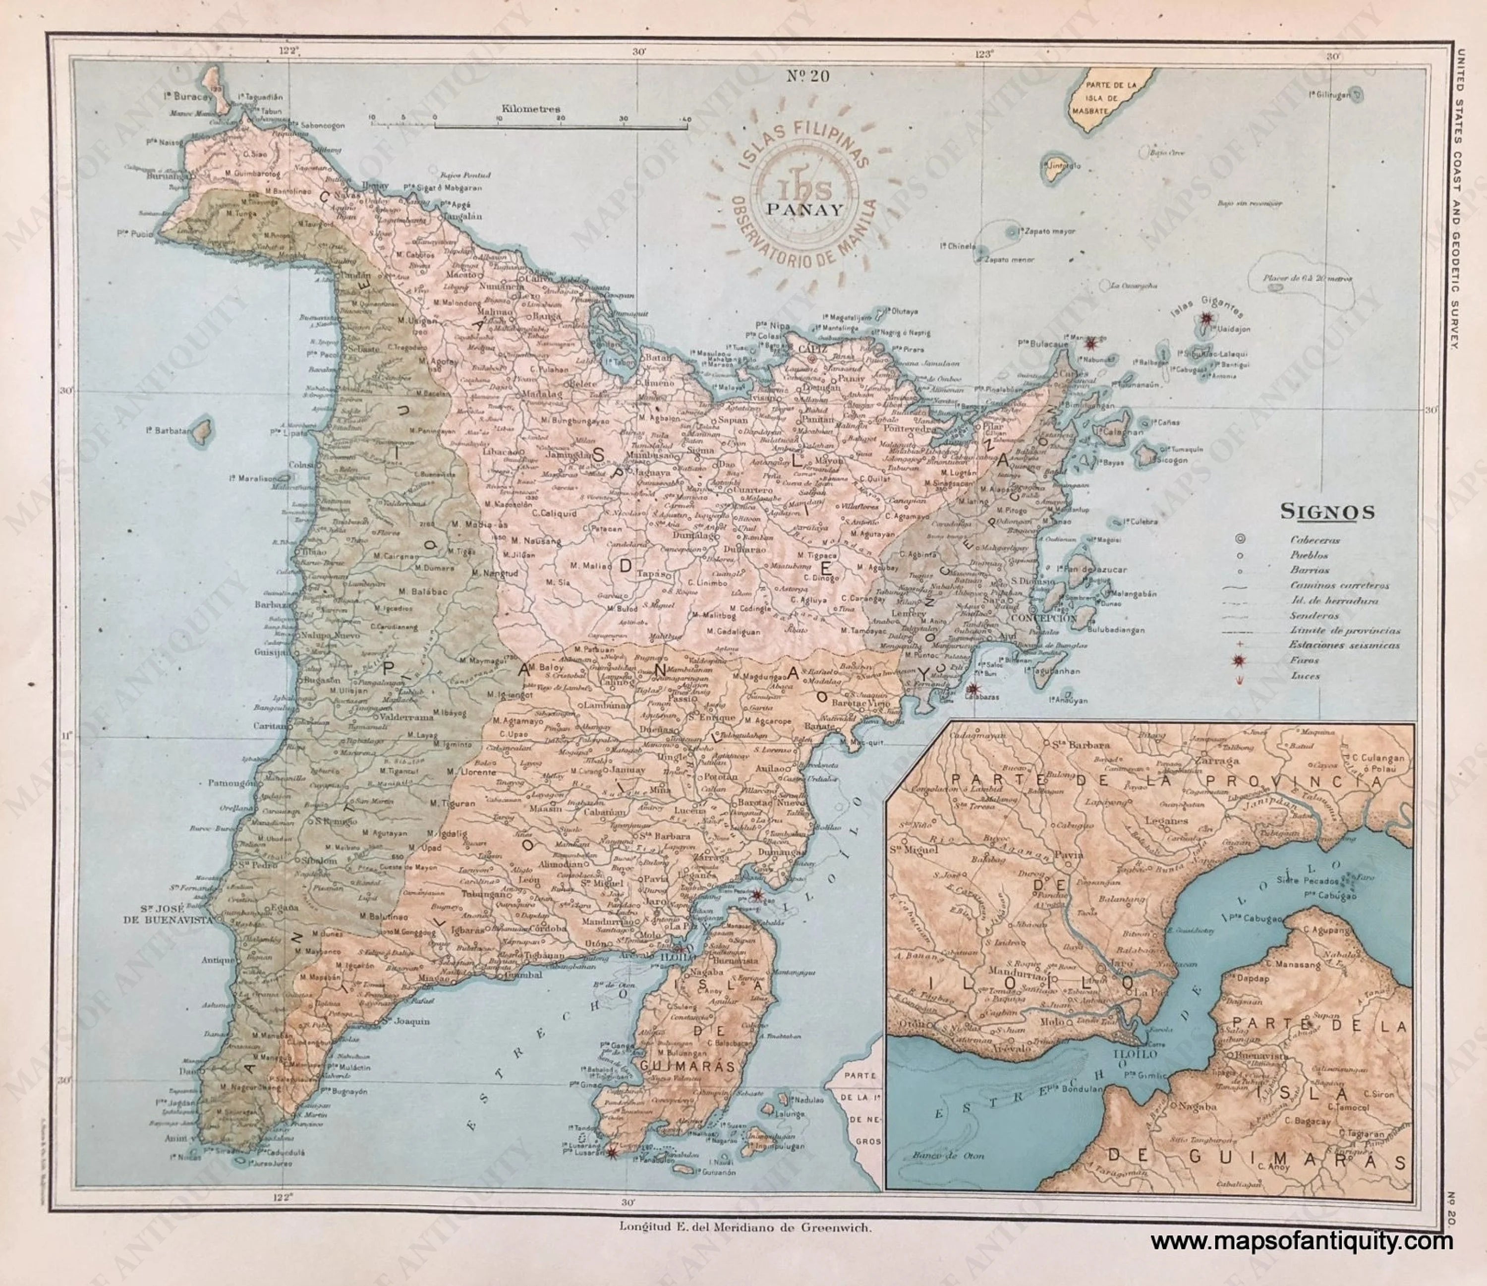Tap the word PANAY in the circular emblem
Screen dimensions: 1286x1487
804,210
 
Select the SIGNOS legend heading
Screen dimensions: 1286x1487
1328,512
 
